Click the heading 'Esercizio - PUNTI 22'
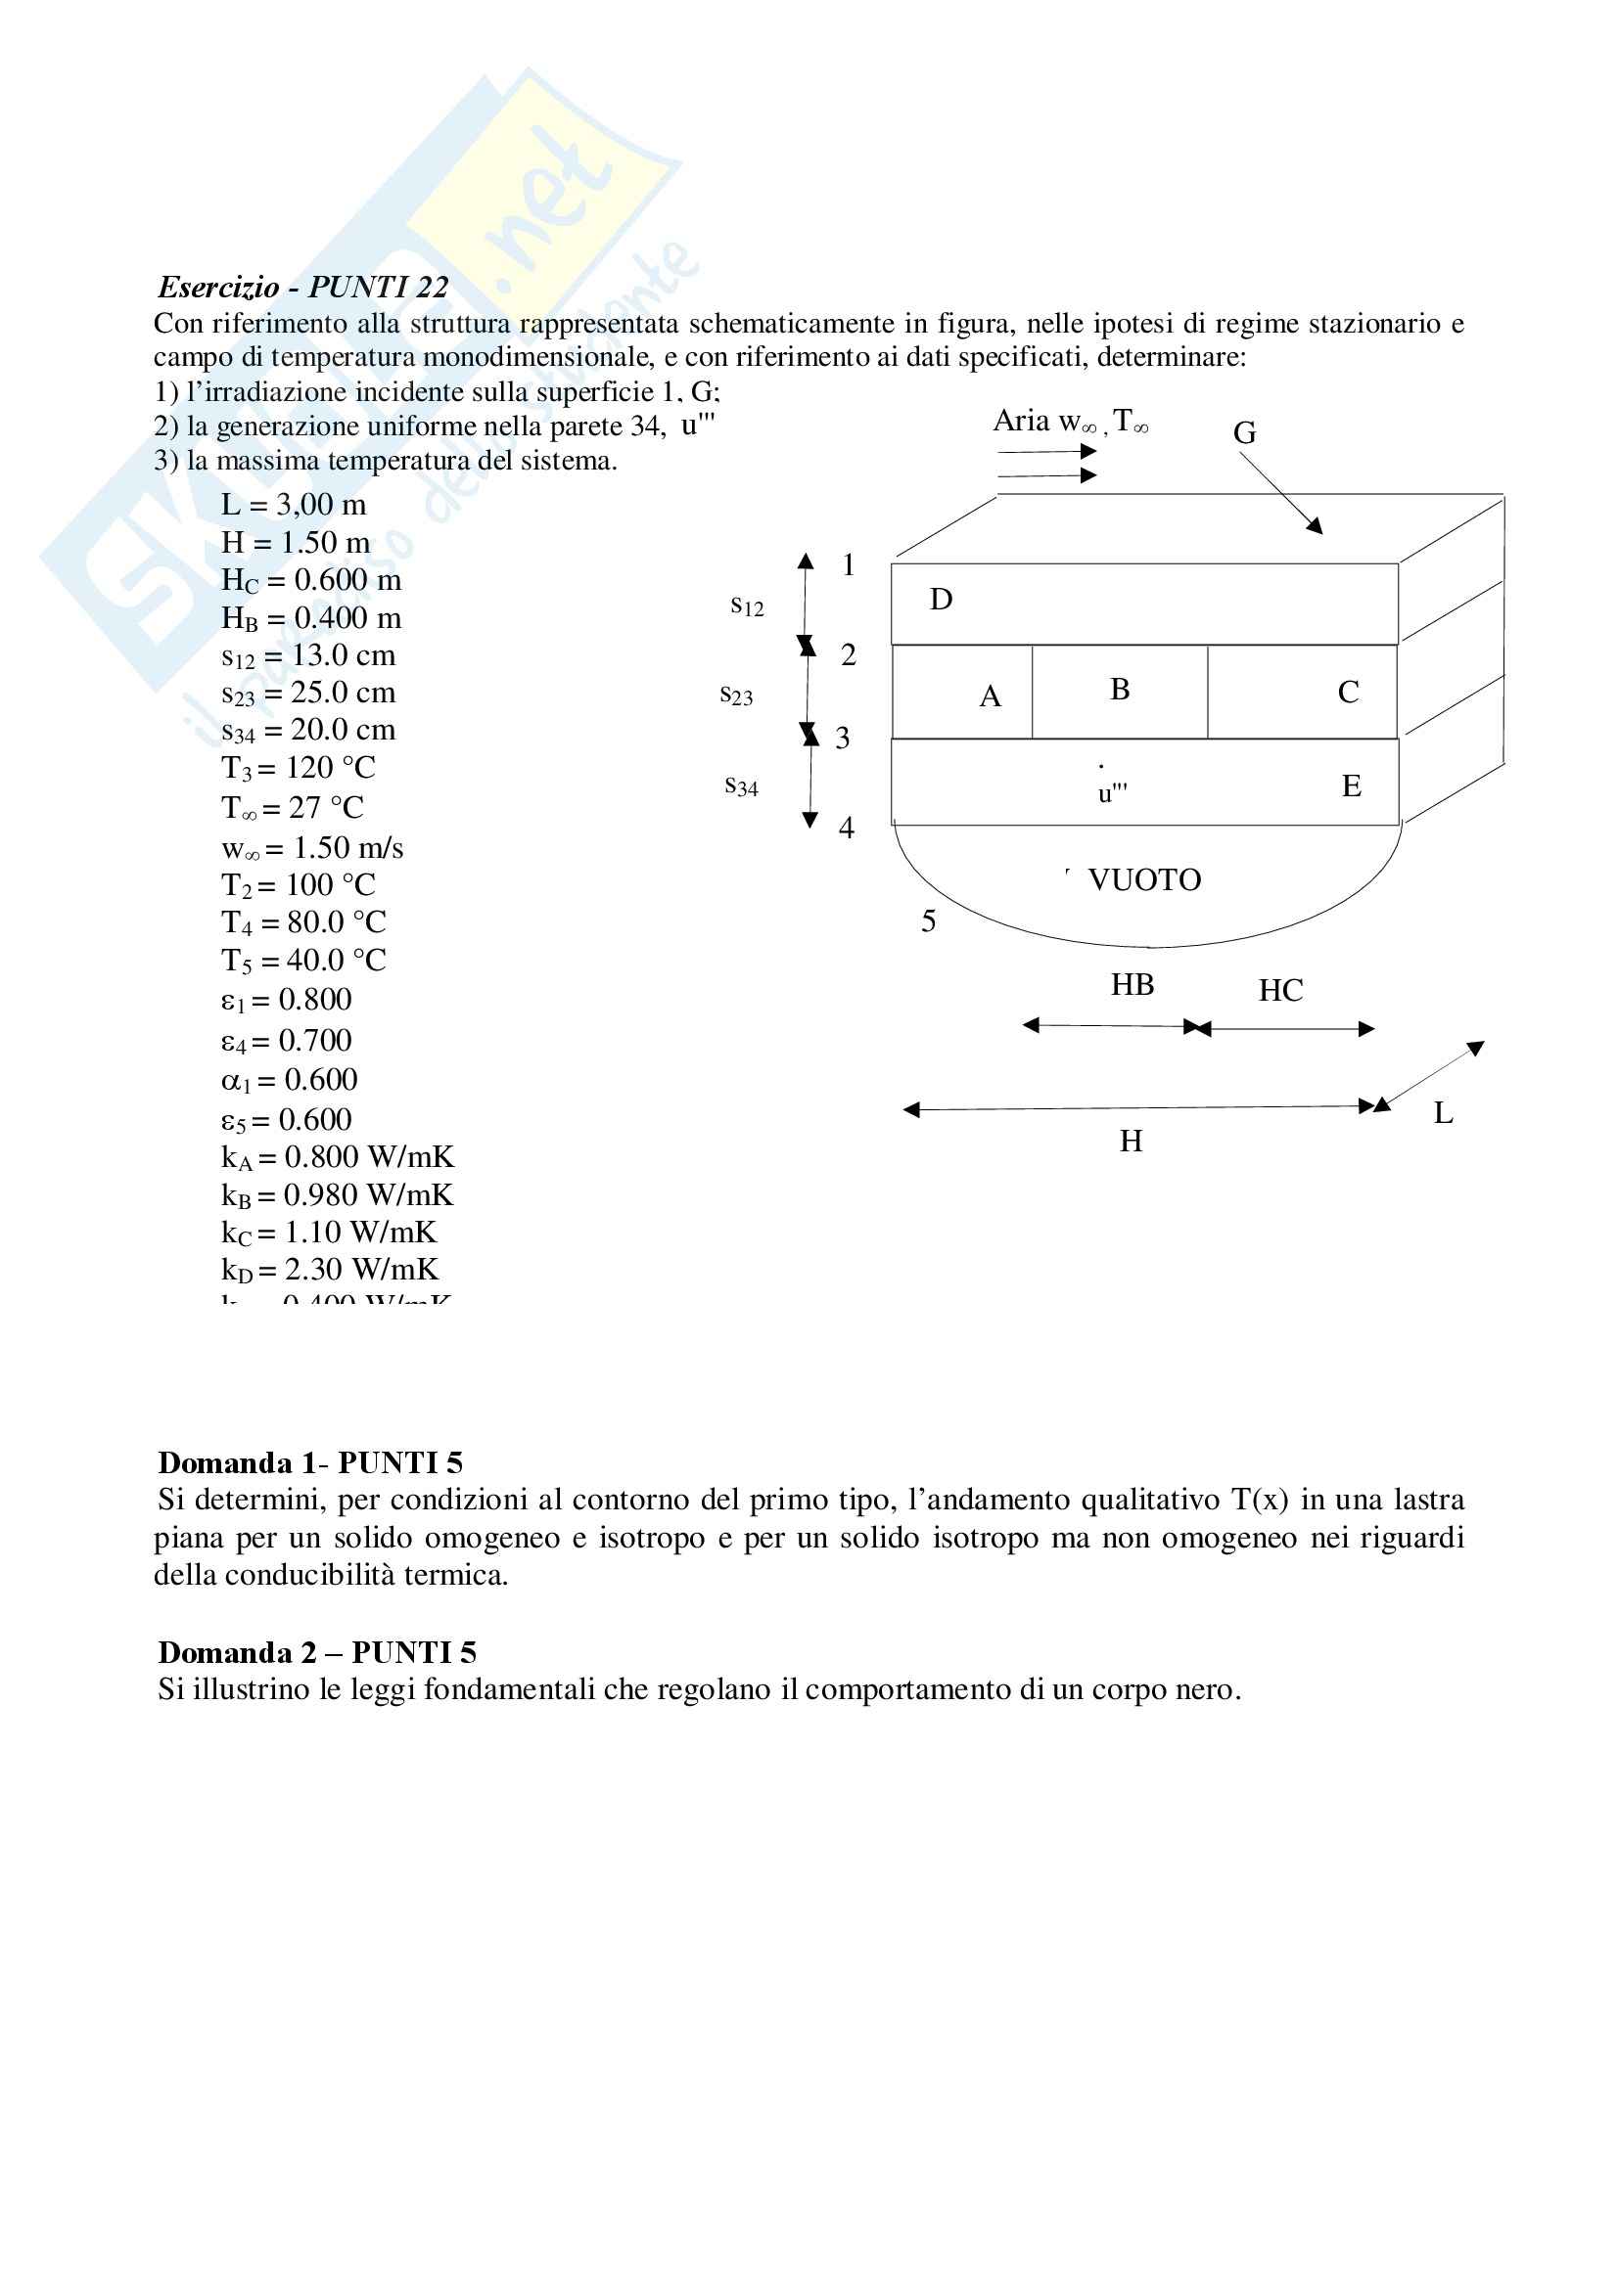[x=303, y=287]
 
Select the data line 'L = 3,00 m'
[x=293, y=505]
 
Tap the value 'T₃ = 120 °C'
[x=299, y=768]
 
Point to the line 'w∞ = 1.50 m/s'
[x=312, y=848]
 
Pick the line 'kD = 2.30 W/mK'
[x=329, y=1270]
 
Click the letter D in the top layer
[x=941, y=599]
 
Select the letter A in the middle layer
[x=989, y=696]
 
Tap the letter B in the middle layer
[x=1120, y=690]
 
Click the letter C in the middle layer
[x=1348, y=693]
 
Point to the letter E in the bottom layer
[x=1351, y=786]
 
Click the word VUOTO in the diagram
[x=1144, y=880]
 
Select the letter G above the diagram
[x=1244, y=433]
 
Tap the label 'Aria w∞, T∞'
[x=1070, y=422]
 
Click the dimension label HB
[x=1133, y=986]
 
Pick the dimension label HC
[x=1280, y=991]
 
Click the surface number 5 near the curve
[x=928, y=921]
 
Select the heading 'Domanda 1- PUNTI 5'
[x=310, y=1462]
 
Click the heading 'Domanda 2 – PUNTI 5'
[x=317, y=1653]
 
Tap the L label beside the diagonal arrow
[x=1443, y=1113]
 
